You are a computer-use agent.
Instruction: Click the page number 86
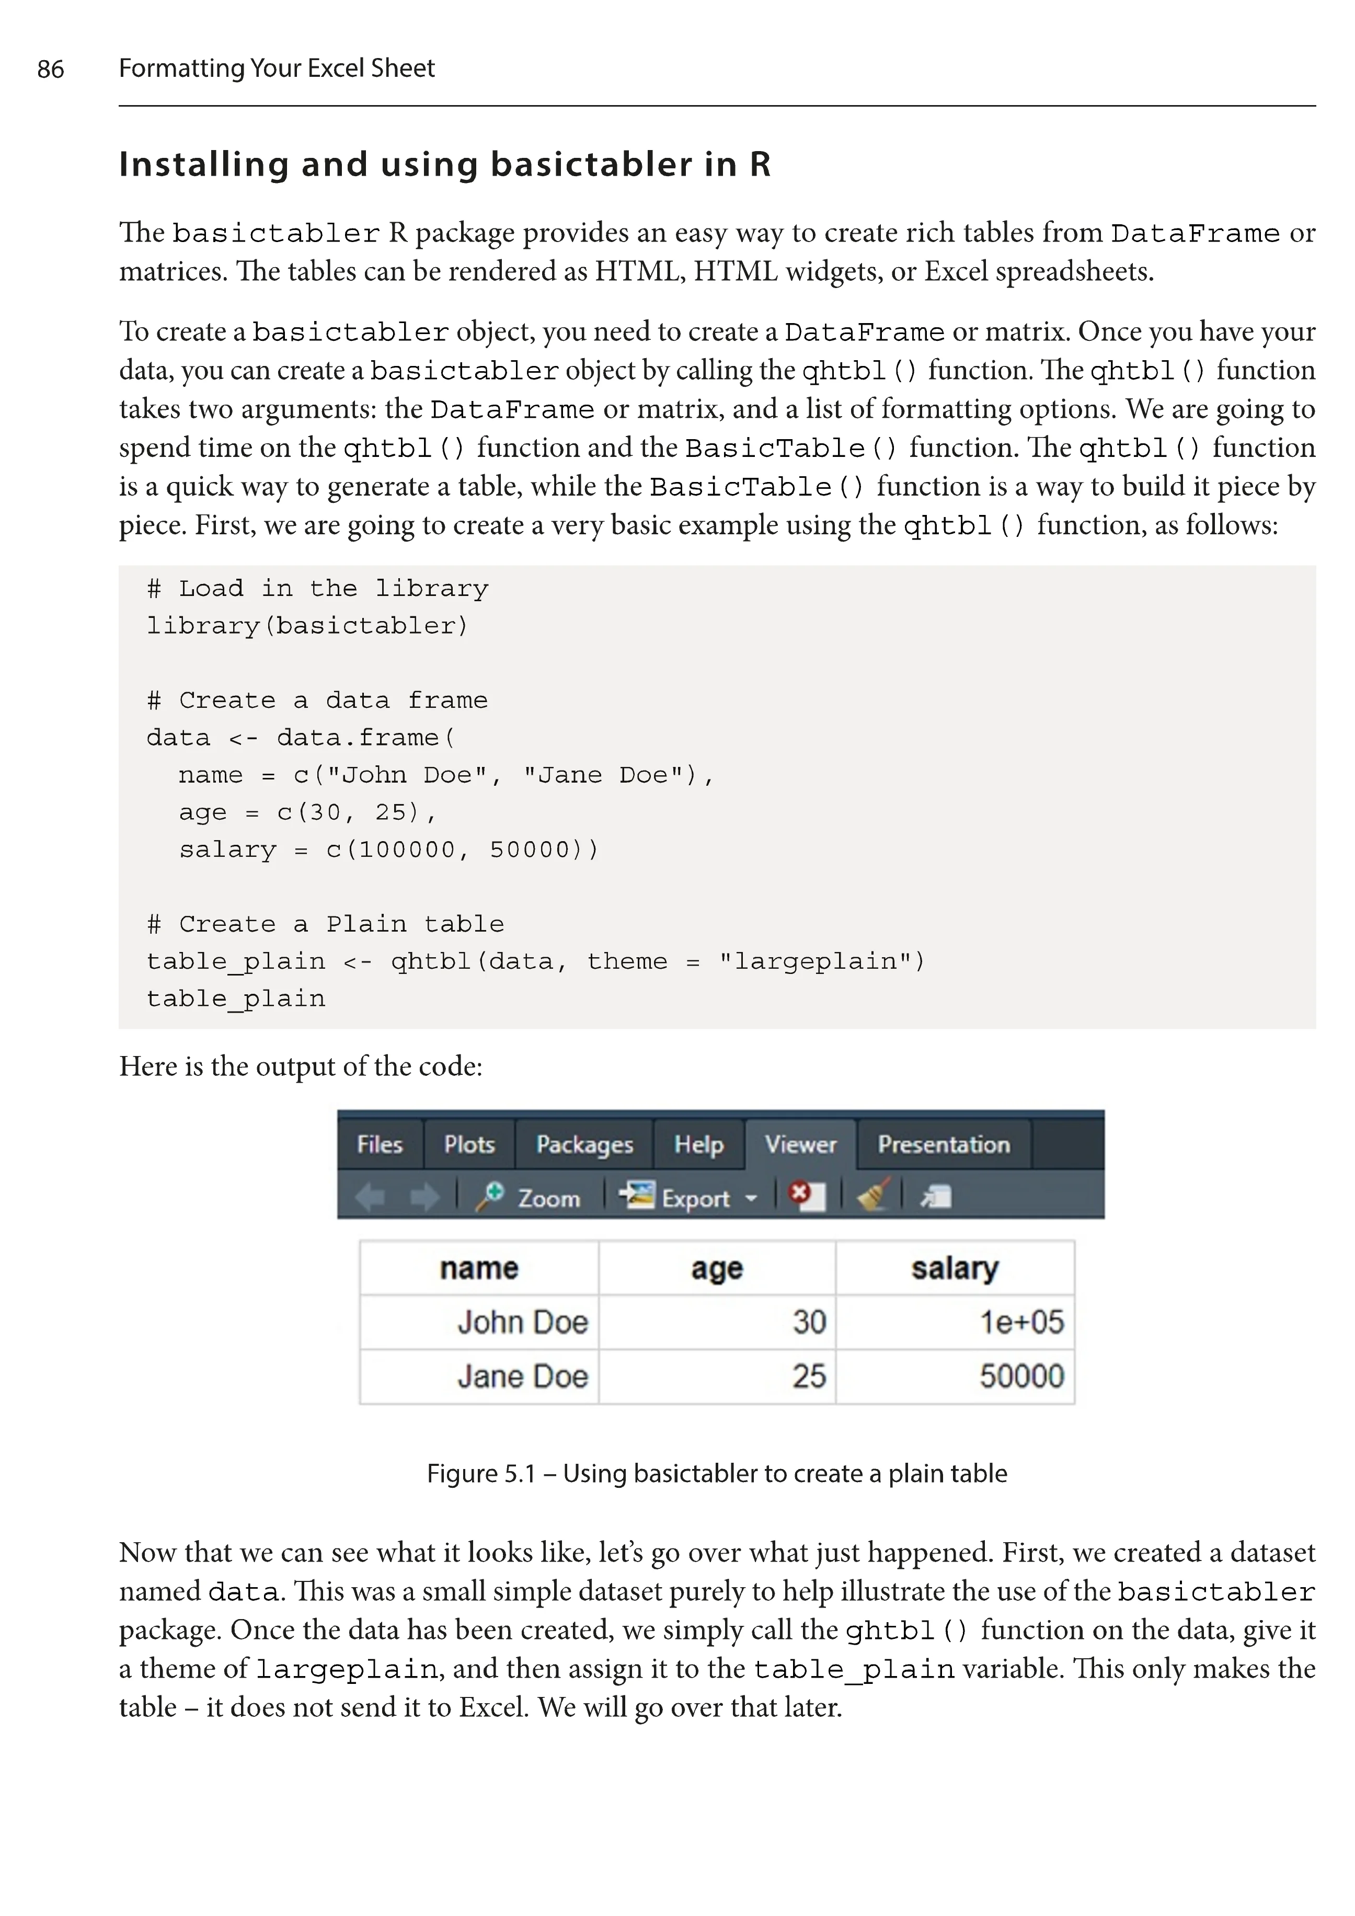coord(50,68)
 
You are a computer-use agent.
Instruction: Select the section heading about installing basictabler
coord(445,164)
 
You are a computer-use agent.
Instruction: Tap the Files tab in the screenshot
coord(380,1144)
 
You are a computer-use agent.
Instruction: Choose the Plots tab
coord(469,1144)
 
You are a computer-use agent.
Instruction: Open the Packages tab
coord(584,1144)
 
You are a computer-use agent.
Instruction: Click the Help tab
coord(698,1144)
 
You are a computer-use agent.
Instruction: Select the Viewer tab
coord(800,1144)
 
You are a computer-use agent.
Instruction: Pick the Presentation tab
coord(944,1144)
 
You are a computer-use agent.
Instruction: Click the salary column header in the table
coord(955,1268)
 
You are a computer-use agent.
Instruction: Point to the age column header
coord(717,1268)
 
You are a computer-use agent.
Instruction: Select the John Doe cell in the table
coord(522,1322)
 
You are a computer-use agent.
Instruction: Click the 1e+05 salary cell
coord(1021,1322)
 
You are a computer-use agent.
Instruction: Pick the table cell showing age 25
coord(809,1376)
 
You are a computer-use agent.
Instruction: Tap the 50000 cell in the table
coord(1021,1376)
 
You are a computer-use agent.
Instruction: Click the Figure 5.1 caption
coord(717,1473)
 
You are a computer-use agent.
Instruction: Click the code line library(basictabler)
coord(307,626)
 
